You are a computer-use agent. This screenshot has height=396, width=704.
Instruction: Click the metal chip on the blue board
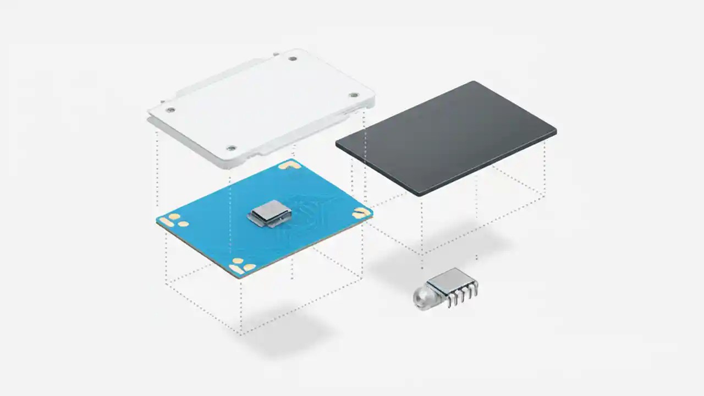click(268, 212)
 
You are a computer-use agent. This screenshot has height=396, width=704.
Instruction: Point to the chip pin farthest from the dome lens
click(475, 285)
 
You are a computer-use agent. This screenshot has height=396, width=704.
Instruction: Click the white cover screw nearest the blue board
click(231, 147)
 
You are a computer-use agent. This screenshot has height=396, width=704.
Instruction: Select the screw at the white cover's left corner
click(170, 109)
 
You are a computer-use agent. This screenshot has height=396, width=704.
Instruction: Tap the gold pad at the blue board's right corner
click(361, 211)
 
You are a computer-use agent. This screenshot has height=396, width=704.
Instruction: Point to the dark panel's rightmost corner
click(554, 131)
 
